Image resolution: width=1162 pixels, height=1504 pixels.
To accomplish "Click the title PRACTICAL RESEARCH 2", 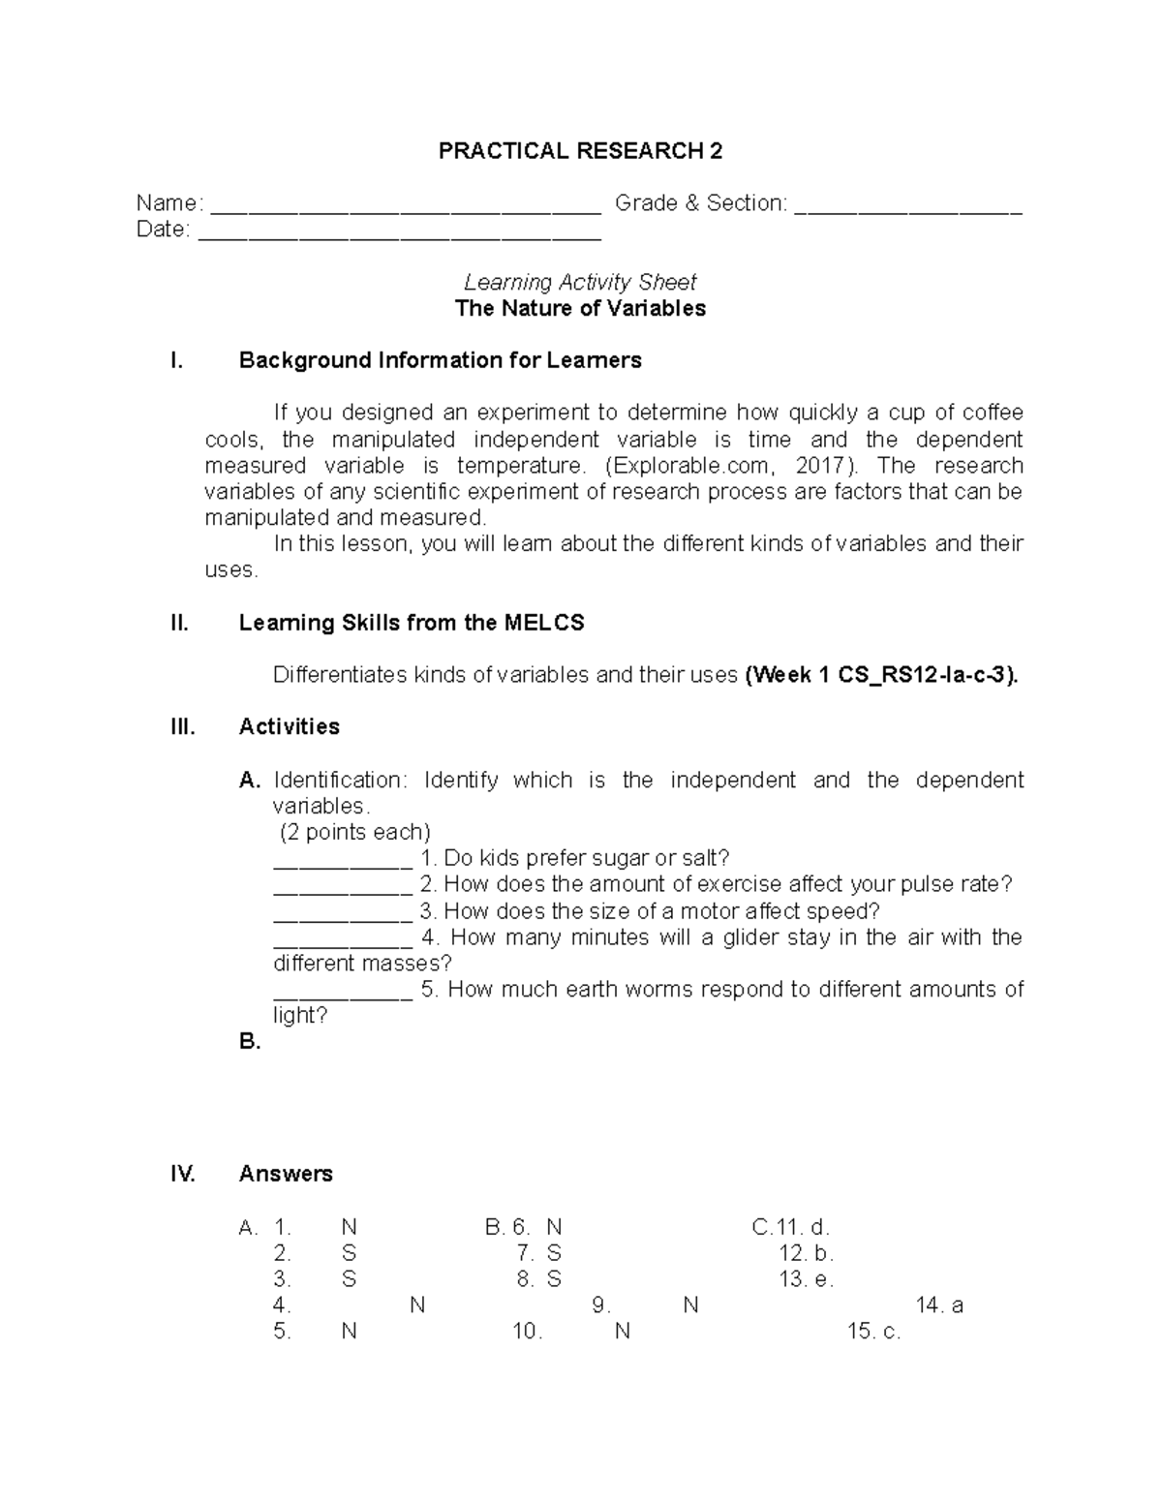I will pos(580,151).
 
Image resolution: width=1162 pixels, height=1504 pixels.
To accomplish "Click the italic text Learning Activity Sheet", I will pos(580,282).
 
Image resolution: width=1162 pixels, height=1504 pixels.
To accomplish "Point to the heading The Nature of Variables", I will pos(580,308).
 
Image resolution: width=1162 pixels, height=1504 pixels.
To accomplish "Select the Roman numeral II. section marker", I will pos(179,623).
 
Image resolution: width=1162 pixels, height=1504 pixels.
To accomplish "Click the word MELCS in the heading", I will pos(544,623).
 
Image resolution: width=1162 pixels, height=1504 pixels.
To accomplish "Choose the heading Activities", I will pos(290,726).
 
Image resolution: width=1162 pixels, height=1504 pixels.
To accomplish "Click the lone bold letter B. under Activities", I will pos(250,1042).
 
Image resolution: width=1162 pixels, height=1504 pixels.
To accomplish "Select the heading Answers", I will pos(286,1174).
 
